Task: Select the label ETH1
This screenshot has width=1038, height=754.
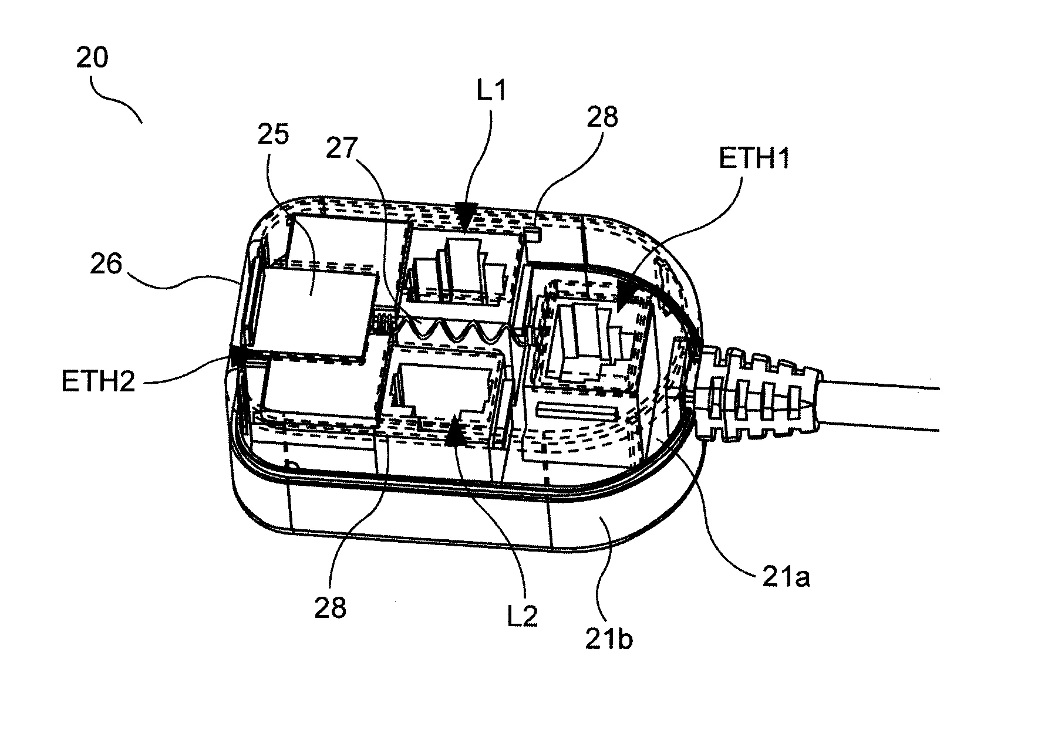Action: tap(754, 158)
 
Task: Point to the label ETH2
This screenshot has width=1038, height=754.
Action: tap(98, 382)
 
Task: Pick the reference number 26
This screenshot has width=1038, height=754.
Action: tap(107, 264)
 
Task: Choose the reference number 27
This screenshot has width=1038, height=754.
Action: tap(342, 148)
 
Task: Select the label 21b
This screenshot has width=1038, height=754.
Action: tap(609, 639)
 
